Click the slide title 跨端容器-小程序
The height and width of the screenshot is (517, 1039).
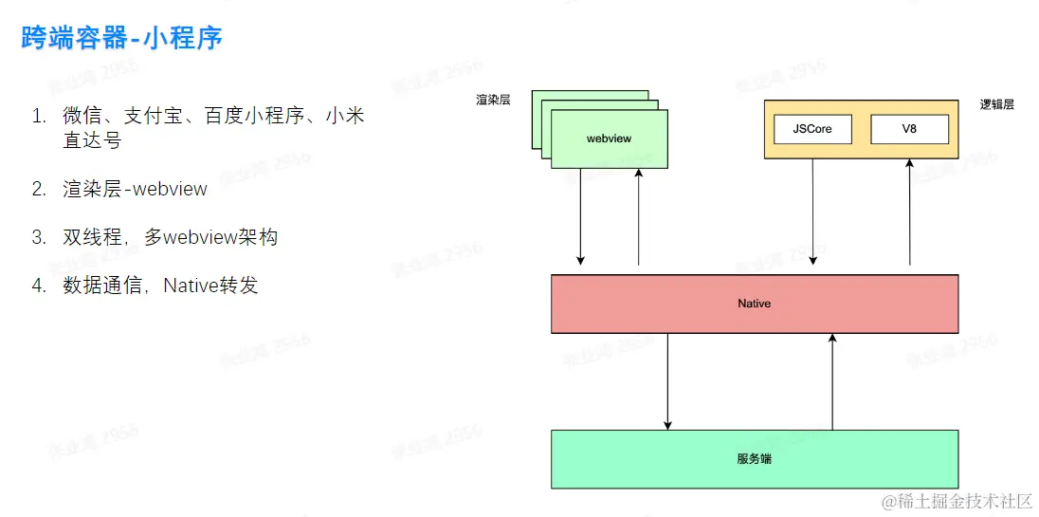click(x=122, y=39)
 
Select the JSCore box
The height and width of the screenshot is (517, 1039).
click(x=812, y=129)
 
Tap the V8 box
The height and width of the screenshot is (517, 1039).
click(x=909, y=129)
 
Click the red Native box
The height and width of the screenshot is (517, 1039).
click(x=755, y=304)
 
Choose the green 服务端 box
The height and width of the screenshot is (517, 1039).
click(x=755, y=459)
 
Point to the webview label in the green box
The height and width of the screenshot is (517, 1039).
click(x=609, y=138)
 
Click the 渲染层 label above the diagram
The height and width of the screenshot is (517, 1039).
click(x=493, y=99)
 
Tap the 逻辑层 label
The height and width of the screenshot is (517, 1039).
click(x=996, y=104)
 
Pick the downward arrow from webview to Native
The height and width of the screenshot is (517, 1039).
click(x=581, y=218)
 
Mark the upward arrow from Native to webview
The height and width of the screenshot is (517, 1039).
click(x=639, y=218)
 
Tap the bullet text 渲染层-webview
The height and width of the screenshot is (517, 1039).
click(x=135, y=189)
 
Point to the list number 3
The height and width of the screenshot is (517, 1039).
click(x=38, y=237)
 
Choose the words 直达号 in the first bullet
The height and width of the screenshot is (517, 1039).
click(x=92, y=140)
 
